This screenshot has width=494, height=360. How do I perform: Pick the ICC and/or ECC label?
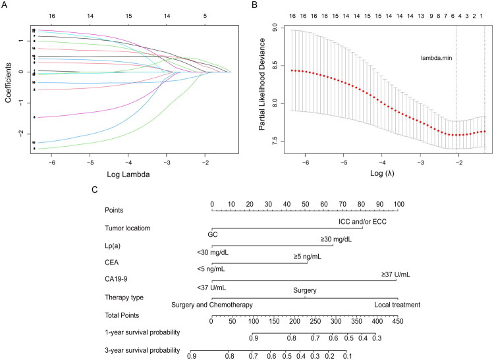(362, 222)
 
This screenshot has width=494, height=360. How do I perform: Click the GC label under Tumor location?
(212, 234)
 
